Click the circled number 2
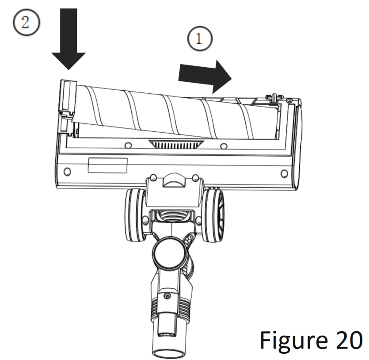coord(27,23)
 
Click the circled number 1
coord(200,38)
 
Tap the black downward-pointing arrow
coord(68,39)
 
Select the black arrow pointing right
coord(205,77)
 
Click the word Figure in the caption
coord(294,341)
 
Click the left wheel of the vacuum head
coord(135,215)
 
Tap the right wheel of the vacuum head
coord(213,215)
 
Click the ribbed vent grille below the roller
coord(176,144)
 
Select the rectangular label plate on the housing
coord(108,165)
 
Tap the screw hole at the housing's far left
coord(67,171)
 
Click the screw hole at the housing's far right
coord(284,174)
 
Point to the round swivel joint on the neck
coord(171,253)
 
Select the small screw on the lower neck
coord(167,296)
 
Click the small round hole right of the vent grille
coord(224,146)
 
